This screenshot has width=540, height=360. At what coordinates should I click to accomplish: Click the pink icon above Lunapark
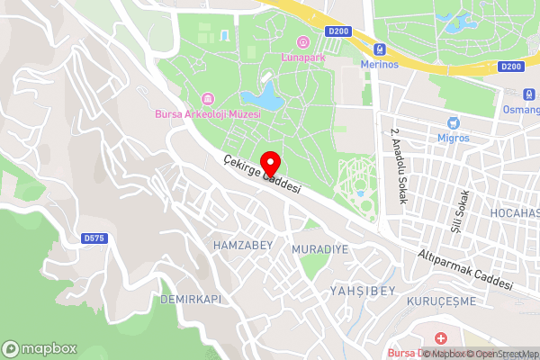pos(301,41)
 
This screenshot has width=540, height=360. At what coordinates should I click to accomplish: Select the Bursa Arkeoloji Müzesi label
pos(208,114)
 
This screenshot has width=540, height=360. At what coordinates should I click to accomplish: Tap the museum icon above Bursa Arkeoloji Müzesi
pos(208,98)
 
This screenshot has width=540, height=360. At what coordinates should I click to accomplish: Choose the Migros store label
pos(454,138)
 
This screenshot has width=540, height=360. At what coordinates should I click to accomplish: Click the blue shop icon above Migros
pos(454,122)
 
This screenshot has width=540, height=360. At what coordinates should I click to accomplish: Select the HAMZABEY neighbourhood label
pos(237,245)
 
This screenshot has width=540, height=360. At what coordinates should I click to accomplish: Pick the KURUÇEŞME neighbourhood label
pos(441,301)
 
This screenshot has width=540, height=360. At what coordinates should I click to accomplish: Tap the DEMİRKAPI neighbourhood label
pos(190,298)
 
